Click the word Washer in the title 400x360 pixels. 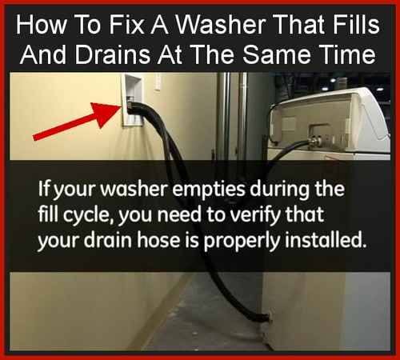point(220,25)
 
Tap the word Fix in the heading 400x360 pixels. point(126,25)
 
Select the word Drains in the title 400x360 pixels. point(112,54)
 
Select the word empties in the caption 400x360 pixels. point(208,190)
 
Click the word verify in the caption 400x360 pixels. point(255,216)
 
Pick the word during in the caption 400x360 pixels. point(279,190)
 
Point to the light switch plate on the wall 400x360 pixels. point(158,82)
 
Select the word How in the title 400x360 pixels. point(41,25)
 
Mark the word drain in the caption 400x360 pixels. point(108,241)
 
